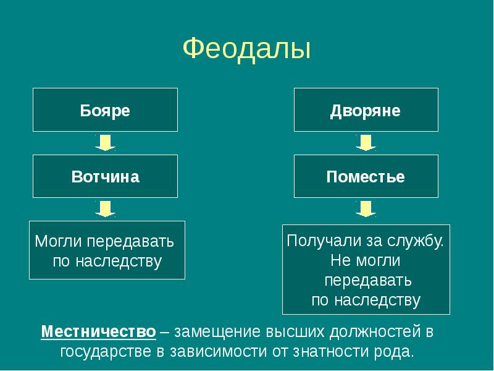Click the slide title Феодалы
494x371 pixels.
click(x=246, y=49)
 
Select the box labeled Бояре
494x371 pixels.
click(x=105, y=110)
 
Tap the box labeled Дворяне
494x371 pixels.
click(x=366, y=110)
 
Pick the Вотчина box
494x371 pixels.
click(x=105, y=176)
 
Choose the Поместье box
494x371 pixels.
click(x=366, y=176)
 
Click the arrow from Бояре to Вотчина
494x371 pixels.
click(x=105, y=143)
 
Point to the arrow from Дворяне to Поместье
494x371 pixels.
click(x=366, y=143)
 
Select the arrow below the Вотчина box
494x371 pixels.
click(x=105, y=209)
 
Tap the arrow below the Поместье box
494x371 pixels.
click(x=366, y=209)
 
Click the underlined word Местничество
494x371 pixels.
click(x=99, y=332)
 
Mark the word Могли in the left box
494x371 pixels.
click(x=59, y=241)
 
